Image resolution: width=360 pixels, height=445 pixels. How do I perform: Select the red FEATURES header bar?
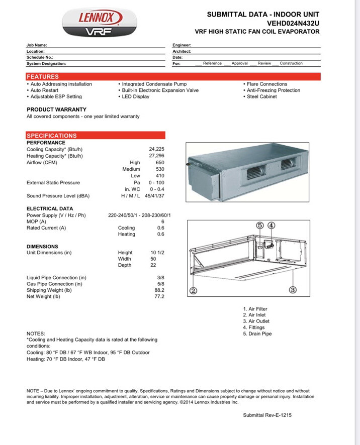point(173,76)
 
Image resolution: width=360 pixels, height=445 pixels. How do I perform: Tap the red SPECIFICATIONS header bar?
point(96,136)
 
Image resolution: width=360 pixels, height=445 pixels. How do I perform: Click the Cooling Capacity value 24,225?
point(156,149)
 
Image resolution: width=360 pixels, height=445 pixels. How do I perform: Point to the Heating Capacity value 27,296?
point(156,156)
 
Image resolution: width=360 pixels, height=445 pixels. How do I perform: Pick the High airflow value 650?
point(160,163)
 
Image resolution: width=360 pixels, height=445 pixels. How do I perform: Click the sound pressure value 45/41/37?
point(154,196)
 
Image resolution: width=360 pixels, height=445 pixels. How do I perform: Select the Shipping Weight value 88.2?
point(159,290)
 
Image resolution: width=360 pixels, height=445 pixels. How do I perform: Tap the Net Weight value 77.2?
point(159,297)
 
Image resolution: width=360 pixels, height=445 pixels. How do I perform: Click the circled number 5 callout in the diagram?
point(259,226)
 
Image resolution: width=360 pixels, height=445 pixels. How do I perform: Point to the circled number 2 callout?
point(193,291)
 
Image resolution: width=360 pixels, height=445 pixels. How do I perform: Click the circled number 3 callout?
point(293,289)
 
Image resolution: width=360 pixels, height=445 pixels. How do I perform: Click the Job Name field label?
point(37,45)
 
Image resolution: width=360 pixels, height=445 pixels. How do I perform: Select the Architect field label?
point(182,51)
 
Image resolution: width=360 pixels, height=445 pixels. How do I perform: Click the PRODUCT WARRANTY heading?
point(56,109)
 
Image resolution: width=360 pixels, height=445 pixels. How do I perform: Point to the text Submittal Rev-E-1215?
point(267,415)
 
